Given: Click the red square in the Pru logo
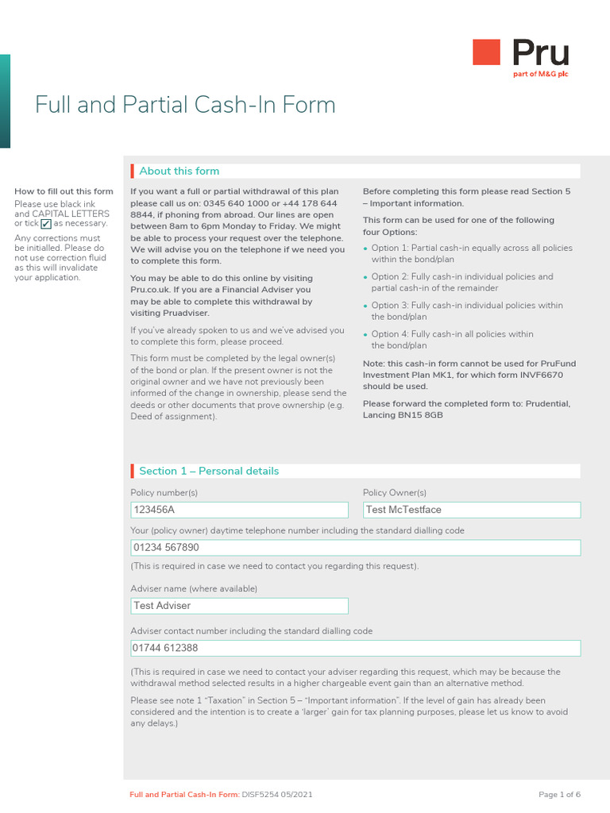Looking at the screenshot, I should point(486,52).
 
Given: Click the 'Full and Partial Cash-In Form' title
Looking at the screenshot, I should point(185,105).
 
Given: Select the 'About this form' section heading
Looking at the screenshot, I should point(179,171).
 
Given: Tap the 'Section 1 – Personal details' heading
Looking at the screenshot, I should point(209,471).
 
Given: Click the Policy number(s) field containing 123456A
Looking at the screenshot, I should point(239,510).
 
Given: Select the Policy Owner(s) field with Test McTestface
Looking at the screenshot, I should point(471,510).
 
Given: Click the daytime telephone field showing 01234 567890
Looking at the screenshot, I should point(355,548).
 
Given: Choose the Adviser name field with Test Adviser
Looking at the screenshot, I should point(239,606).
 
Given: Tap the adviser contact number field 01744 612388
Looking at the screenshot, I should point(355,649).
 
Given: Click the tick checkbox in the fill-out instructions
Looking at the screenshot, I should point(46,224).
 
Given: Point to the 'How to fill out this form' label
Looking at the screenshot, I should point(64,191).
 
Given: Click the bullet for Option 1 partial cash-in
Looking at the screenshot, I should point(366,249).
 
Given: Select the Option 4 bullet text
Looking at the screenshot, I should point(452,340).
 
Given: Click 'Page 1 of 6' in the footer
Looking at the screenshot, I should point(559,794).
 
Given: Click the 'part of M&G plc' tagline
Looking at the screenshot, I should point(541,74).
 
